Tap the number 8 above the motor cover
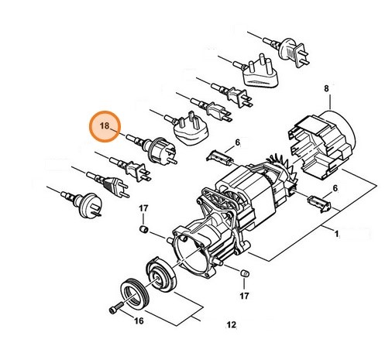(326, 89)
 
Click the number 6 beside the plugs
(238, 142)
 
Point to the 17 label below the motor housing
(245, 296)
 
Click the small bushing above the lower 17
(244, 274)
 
